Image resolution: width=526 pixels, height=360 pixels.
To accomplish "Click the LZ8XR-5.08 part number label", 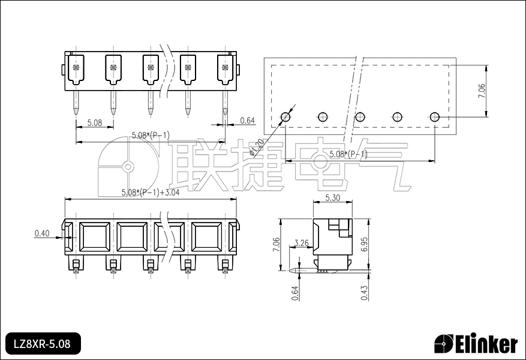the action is pos(42,344).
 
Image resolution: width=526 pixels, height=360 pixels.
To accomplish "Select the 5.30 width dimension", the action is pos(332,197).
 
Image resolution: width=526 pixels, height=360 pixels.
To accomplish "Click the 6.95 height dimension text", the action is pos(365,244).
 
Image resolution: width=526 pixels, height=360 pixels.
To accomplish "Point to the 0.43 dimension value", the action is pos(365,293).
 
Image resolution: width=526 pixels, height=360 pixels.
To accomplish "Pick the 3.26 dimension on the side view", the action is pos(301,242).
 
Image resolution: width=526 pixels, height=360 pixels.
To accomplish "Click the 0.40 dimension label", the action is pos(42,233).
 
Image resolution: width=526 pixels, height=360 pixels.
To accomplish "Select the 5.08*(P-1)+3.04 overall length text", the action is pos(151,193).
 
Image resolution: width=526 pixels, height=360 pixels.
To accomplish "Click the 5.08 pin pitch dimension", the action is pos(95,122).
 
